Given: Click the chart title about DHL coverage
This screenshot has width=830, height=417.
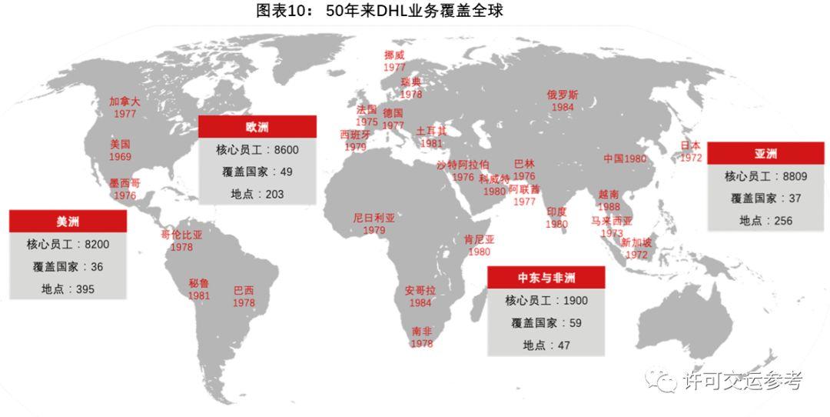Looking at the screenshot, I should point(380,11).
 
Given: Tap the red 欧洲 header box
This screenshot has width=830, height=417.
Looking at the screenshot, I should point(257,127).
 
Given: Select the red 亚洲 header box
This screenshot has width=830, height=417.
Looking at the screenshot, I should point(765,153).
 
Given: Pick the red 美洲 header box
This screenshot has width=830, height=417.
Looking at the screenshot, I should point(68,221).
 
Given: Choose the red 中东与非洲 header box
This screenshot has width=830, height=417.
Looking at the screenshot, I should point(546,277).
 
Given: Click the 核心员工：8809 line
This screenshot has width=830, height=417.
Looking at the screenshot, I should point(765,176).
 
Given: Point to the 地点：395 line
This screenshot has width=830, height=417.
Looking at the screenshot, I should point(68,289).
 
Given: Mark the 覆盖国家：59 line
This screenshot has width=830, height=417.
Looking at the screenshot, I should point(546,323).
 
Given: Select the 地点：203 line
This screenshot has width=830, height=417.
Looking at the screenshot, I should point(257,194).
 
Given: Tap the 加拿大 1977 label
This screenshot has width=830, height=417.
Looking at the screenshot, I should point(124,107).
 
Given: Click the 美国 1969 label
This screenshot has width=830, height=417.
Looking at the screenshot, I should point(120,150).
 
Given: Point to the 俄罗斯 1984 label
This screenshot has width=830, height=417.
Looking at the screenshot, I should point(563,101).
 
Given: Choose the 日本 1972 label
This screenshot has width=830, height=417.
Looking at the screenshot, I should point(690,151).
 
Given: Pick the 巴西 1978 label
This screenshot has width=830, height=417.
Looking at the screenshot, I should point(244,296).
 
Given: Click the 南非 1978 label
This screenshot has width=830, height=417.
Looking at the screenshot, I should point(422,337).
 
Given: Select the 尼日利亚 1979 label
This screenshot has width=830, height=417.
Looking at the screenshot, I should point(374,224).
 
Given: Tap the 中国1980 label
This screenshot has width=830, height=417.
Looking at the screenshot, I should point(625,158).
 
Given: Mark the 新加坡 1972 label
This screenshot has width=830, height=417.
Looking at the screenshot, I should point(636,249).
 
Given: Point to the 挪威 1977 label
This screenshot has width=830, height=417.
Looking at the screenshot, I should point(394,61).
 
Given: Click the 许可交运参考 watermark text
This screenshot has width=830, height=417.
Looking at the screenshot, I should point(742,381).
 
